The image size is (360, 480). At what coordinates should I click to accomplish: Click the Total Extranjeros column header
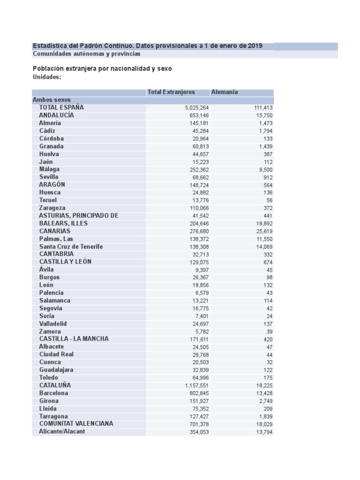[x=171, y=92]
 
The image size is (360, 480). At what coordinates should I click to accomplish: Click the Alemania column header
[x=225, y=92]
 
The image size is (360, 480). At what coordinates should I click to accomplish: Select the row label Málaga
[x=49, y=169]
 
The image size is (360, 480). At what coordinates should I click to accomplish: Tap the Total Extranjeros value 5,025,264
[x=197, y=108]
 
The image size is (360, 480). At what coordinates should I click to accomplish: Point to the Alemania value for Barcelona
[x=263, y=393]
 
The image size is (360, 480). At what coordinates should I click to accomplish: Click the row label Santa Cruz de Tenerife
[x=71, y=247]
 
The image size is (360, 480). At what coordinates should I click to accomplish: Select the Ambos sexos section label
[x=52, y=100]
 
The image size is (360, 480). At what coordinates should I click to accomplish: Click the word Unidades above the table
[x=47, y=77]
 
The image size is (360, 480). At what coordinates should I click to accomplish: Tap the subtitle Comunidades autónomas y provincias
[x=86, y=54]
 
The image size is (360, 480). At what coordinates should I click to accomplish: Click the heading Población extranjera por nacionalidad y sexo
[x=102, y=68]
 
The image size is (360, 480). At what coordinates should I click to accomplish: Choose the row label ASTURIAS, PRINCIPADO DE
[x=78, y=216]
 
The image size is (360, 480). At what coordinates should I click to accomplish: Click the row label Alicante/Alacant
[x=62, y=432]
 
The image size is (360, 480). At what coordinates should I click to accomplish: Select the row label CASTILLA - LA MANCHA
[x=74, y=339]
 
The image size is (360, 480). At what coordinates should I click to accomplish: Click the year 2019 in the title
[x=255, y=46]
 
